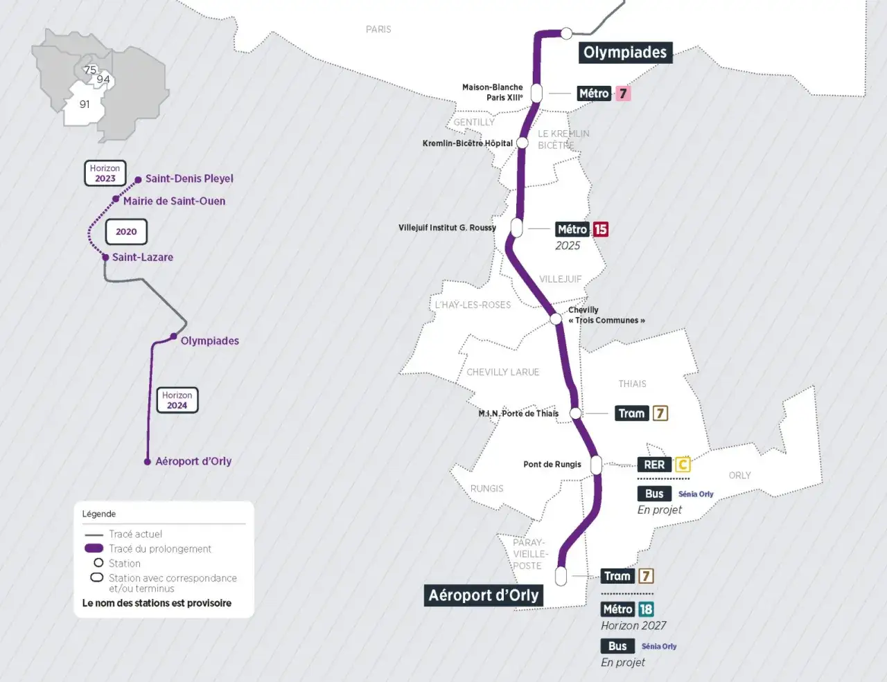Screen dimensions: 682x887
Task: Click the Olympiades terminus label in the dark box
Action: pyautogui.click(x=625, y=53)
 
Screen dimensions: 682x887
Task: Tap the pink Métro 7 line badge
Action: pyautogui.click(x=623, y=93)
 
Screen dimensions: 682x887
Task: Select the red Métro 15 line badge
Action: pyautogui.click(x=600, y=229)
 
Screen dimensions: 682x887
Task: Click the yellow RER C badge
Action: pyautogui.click(x=683, y=465)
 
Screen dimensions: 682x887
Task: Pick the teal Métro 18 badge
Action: pyautogui.click(x=646, y=609)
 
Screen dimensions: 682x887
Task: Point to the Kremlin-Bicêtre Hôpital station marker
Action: pyautogui.click(x=522, y=143)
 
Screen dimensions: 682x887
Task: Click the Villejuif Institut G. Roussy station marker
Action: pyautogui.click(x=516, y=227)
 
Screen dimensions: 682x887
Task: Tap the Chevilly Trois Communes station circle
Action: pyautogui.click(x=556, y=319)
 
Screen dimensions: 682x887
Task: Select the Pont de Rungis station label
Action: pyautogui.click(x=552, y=465)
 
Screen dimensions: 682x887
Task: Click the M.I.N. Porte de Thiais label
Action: pyautogui.click(x=518, y=413)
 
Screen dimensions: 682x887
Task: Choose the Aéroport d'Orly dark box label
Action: pyautogui.click(x=483, y=595)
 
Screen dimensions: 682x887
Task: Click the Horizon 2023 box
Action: pyautogui.click(x=105, y=173)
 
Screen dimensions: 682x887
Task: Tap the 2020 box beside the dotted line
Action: pyautogui.click(x=126, y=232)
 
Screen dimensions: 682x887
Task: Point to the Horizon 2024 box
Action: pyautogui.click(x=177, y=400)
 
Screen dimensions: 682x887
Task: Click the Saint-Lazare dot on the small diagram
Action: pyautogui.click(x=105, y=257)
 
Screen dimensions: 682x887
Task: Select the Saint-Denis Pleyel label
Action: pyautogui.click(x=189, y=179)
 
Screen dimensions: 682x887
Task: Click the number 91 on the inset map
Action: pyautogui.click(x=85, y=105)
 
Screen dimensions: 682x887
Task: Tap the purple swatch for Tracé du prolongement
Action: pyautogui.click(x=94, y=548)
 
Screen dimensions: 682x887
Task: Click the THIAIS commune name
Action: pyautogui.click(x=632, y=384)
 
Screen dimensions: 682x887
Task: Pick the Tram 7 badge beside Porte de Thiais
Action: pyautogui.click(x=660, y=413)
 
